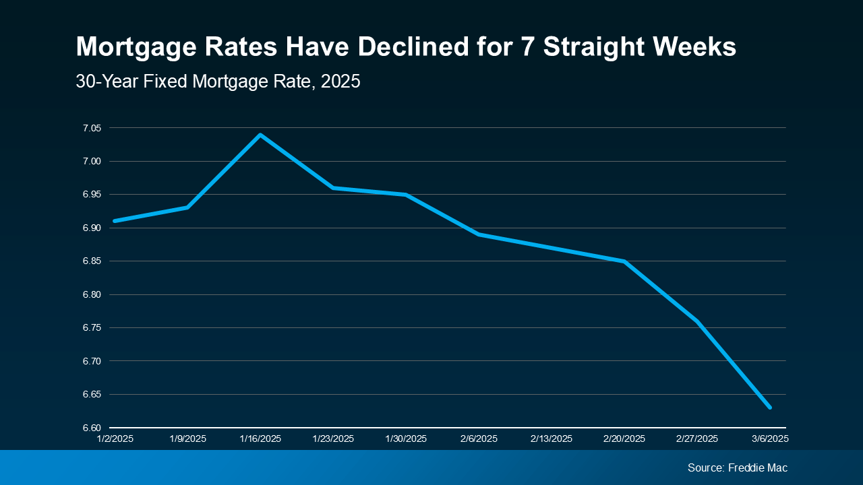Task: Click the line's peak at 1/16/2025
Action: point(260,135)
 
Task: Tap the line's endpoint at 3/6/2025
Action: point(769,408)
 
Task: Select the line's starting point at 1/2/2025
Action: point(115,221)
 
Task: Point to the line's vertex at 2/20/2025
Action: point(624,261)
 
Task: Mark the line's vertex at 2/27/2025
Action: point(697,321)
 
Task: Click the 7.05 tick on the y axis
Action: point(92,128)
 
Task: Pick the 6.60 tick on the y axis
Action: point(92,428)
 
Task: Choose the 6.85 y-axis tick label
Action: point(92,261)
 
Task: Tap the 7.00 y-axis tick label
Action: point(92,161)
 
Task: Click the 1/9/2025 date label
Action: point(187,439)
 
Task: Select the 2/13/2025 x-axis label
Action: point(552,439)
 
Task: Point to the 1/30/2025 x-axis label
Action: point(406,439)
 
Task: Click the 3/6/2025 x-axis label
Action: point(769,439)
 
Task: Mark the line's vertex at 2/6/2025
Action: point(479,234)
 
